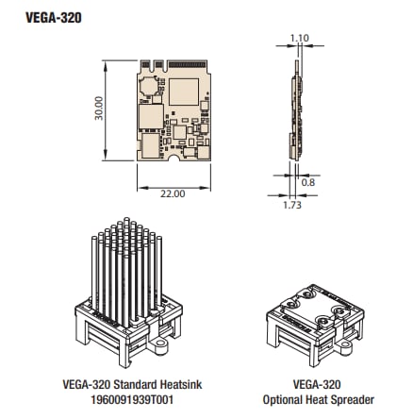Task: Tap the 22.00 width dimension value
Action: (x=173, y=193)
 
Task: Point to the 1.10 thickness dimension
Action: (x=300, y=39)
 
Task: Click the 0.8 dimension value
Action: (x=308, y=180)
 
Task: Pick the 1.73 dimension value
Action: (x=291, y=203)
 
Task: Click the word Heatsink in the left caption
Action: (x=176, y=385)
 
